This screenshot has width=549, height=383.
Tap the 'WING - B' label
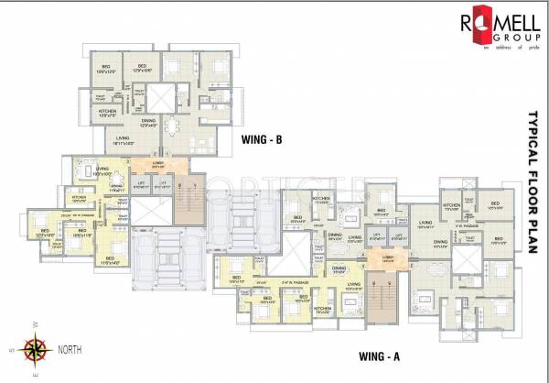261,139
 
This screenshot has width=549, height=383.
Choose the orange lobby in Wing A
384,257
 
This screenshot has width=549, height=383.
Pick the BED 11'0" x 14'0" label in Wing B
109,261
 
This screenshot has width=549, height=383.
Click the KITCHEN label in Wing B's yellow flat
80,197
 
